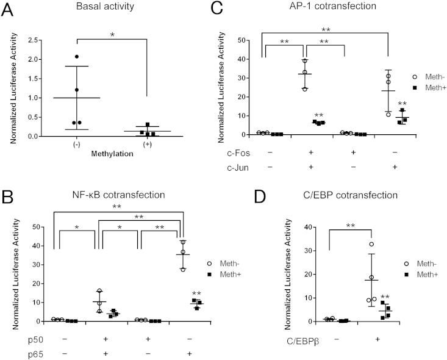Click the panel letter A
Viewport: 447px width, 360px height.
pyautogui.click(x=8, y=9)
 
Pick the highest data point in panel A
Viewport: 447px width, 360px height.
pyautogui.click(x=76, y=57)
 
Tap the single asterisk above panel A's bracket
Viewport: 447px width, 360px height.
pyautogui.click(x=112, y=35)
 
